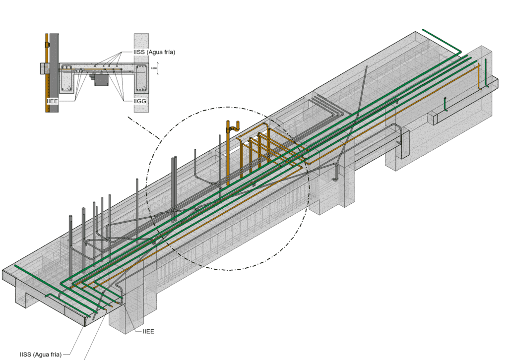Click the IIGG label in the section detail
[x=139, y=101]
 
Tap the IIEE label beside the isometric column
[x=148, y=331]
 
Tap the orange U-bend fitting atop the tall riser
[x=233, y=126]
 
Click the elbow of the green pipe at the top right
[x=459, y=52]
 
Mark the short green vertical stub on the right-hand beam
[x=445, y=104]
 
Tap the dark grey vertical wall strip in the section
[x=55, y=74]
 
